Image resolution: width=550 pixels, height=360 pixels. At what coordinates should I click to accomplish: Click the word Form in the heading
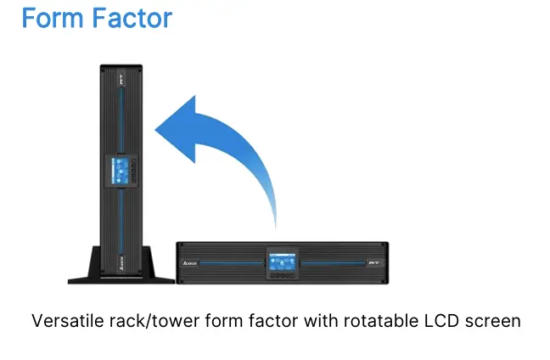pos(53,18)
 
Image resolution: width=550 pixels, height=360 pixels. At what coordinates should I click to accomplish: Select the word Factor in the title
pos(132,18)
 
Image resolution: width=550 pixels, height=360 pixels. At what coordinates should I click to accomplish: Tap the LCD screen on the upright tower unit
pos(119,171)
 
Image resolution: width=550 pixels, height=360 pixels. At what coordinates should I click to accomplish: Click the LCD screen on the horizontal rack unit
pos(282,262)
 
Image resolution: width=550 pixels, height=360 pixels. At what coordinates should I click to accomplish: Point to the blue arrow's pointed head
pos(155,129)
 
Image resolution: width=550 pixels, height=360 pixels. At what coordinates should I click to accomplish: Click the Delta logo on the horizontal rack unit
pos(190,263)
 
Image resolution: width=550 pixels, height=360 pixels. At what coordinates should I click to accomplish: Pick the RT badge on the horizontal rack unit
pos(374,263)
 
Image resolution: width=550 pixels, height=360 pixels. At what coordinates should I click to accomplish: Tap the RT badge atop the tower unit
pos(121,79)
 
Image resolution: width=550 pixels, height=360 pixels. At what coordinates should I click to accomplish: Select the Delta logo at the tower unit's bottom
pos(121,263)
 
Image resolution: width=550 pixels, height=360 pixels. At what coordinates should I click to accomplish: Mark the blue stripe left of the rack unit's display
pos(232,263)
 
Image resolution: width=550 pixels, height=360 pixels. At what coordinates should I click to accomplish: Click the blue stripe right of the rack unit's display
pos(334,263)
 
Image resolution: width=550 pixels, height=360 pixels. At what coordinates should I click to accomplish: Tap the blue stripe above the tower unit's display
pos(121,121)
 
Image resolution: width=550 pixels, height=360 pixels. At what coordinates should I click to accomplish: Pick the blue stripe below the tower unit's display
pos(121,221)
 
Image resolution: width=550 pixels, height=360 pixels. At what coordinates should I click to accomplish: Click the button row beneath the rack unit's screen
pos(282,275)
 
